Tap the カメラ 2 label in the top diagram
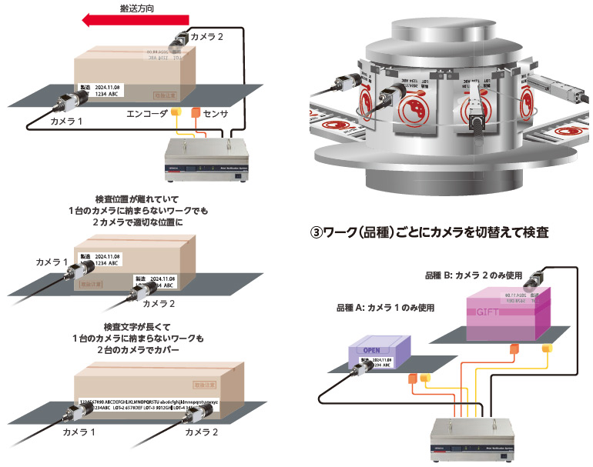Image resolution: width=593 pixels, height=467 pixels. click(208, 36)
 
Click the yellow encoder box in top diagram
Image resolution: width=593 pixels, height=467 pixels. click(176, 113)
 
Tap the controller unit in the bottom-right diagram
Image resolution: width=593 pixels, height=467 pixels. click(472, 435)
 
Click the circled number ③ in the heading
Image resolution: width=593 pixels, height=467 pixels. click(316, 232)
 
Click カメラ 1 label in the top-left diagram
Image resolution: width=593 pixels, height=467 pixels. click(65, 122)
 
